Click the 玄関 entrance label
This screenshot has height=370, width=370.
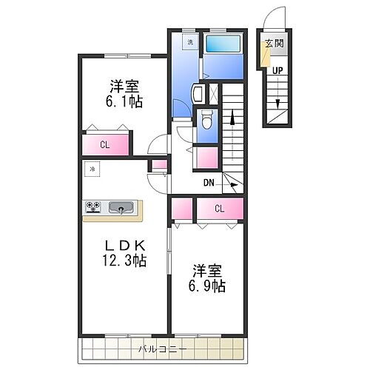click(x=273, y=43)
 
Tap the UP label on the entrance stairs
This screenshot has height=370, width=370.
click(x=276, y=71)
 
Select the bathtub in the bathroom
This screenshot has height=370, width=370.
click(x=223, y=44)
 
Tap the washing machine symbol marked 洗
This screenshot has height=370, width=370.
click(x=190, y=41)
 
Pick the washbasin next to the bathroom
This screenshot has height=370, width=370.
click(x=198, y=94)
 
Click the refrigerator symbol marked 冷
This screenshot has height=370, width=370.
click(x=92, y=170)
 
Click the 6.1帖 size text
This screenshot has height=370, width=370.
click(x=124, y=101)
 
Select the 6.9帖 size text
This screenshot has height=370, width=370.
click(x=209, y=286)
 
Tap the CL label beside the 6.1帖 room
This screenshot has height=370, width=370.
click(x=105, y=145)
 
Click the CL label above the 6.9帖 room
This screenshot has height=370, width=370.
click(x=220, y=209)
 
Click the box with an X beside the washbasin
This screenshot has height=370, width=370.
click(x=214, y=94)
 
